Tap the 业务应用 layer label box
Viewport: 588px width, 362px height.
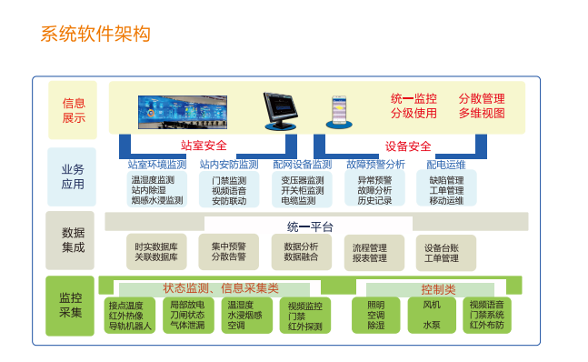(x=73, y=177)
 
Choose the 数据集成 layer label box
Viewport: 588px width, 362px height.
(x=73, y=240)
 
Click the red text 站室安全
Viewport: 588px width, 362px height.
(x=204, y=145)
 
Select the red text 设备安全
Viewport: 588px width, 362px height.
(x=408, y=146)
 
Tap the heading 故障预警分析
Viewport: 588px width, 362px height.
(x=375, y=165)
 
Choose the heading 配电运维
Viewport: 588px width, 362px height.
(x=446, y=165)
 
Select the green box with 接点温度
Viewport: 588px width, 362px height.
(x=131, y=315)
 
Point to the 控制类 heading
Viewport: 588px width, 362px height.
(x=437, y=288)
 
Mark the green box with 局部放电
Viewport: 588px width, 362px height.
(x=191, y=315)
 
